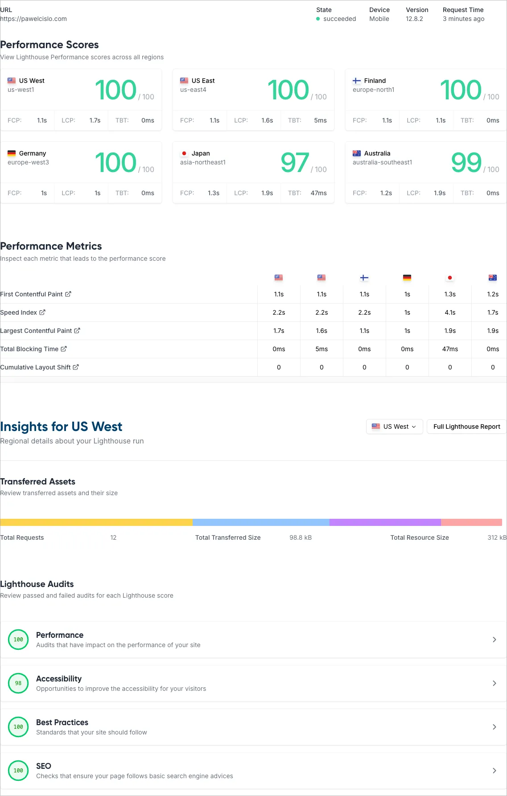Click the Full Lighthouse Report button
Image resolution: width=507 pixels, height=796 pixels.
[466, 427]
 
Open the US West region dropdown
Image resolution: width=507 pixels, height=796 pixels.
[394, 427]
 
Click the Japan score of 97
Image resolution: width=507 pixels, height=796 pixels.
[295, 163]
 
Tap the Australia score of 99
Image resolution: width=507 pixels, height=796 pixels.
[466, 163]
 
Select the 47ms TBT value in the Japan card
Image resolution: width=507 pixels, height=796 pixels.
[318, 193]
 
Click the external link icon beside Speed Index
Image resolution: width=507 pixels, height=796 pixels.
[42, 312]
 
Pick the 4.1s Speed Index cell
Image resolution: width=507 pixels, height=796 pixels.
[450, 312]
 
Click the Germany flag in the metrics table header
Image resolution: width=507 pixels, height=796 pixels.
[407, 278]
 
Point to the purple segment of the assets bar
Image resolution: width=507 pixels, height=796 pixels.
[385, 522]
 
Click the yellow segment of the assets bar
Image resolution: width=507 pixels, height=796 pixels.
[96, 522]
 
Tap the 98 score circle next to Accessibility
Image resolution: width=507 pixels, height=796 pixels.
[18, 683]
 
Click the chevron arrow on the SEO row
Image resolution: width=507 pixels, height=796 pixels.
[494, 771]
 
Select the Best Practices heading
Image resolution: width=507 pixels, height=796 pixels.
[62, 722]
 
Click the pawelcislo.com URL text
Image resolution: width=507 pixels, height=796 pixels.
[34, 19]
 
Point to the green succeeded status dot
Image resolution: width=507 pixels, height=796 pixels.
[318, 19]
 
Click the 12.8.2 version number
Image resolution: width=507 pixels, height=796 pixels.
[414, 19]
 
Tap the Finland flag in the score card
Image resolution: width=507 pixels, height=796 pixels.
[357, 81]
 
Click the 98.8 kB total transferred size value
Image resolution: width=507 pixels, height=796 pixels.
[301, 538]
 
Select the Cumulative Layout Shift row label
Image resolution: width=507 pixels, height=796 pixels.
[35, 367]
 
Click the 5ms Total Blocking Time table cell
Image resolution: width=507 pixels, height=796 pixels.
[322, 349]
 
